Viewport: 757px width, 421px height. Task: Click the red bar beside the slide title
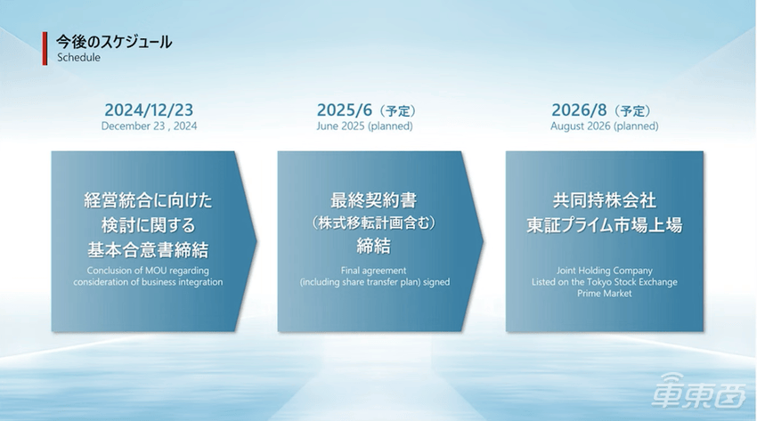pyautogui.click(x=45, y=48)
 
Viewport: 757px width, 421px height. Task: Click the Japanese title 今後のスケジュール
pyautogui.click(x=114, y=42)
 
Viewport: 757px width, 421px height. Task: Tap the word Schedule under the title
pyautogui.click(x=78, y=57)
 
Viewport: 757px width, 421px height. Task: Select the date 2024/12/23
pyautogui.click(x=149, y=110)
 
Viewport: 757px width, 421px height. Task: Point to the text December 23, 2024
pyautogui.click(x=150, y=125)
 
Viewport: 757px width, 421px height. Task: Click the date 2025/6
pyautogui.click(x=345, y=110)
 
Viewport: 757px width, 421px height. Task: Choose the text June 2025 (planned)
pyautogui.click(x=364, y=125)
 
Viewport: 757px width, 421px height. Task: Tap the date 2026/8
pyautogui.click(x=579, y=110)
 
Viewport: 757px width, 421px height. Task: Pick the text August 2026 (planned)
pyautogui.click(x=605, y=125)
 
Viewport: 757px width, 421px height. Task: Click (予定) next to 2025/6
pyautogui.click(x=397, y=111)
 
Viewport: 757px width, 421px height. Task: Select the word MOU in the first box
pyautogui.click(x=156, y=271)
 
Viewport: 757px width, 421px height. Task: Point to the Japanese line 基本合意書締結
pyautogui.click(x=148, y=250)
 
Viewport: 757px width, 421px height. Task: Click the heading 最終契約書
pyautogui.click(x=374, y=200)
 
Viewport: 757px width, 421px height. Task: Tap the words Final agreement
pyautogui.click(x=374, y=271)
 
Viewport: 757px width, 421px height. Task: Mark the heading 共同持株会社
pyautogui.click(x=605, y=200)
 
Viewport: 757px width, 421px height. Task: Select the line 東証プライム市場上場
pyautogui.click(x=605, y=225)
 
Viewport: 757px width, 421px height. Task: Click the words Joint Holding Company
pyautogui.click(x=605, y=271)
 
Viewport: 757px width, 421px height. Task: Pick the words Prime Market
pyautogui.click(x=605, y=293)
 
